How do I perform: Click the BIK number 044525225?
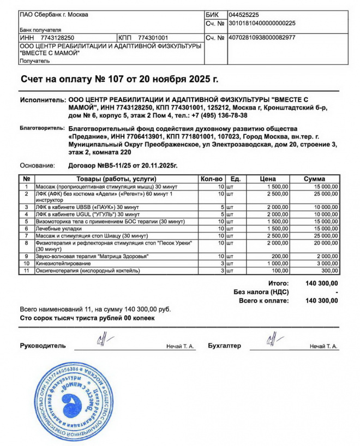[244, 15]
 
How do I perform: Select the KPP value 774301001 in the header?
[153, 38]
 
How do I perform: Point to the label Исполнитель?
[42, 100]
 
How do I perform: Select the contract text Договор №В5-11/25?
[104, 165]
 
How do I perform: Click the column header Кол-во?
[212, 179]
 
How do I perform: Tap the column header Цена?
[268, 179]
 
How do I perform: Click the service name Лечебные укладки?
[58, 229]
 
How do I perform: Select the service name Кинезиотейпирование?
[63, 264]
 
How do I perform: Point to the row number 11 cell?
[26, 271]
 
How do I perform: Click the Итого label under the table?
[279, 283]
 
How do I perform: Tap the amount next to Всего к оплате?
[322, 301]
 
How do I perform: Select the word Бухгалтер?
[224, 346]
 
